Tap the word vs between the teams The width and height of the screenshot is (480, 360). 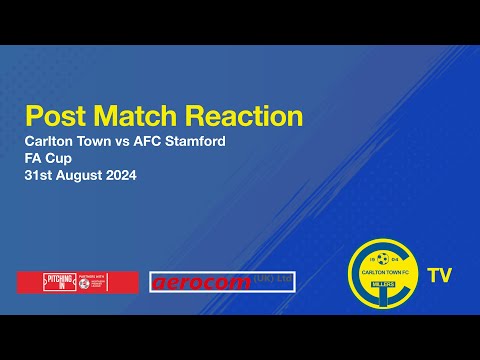click(x=117, y=141)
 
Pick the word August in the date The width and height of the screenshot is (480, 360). click(x=79, y=177)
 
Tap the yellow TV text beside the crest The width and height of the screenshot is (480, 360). click(x=437, y=274)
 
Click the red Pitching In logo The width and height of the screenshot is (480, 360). click(x=77, y=283)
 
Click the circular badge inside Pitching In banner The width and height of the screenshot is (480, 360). click(x=84, y=283)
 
